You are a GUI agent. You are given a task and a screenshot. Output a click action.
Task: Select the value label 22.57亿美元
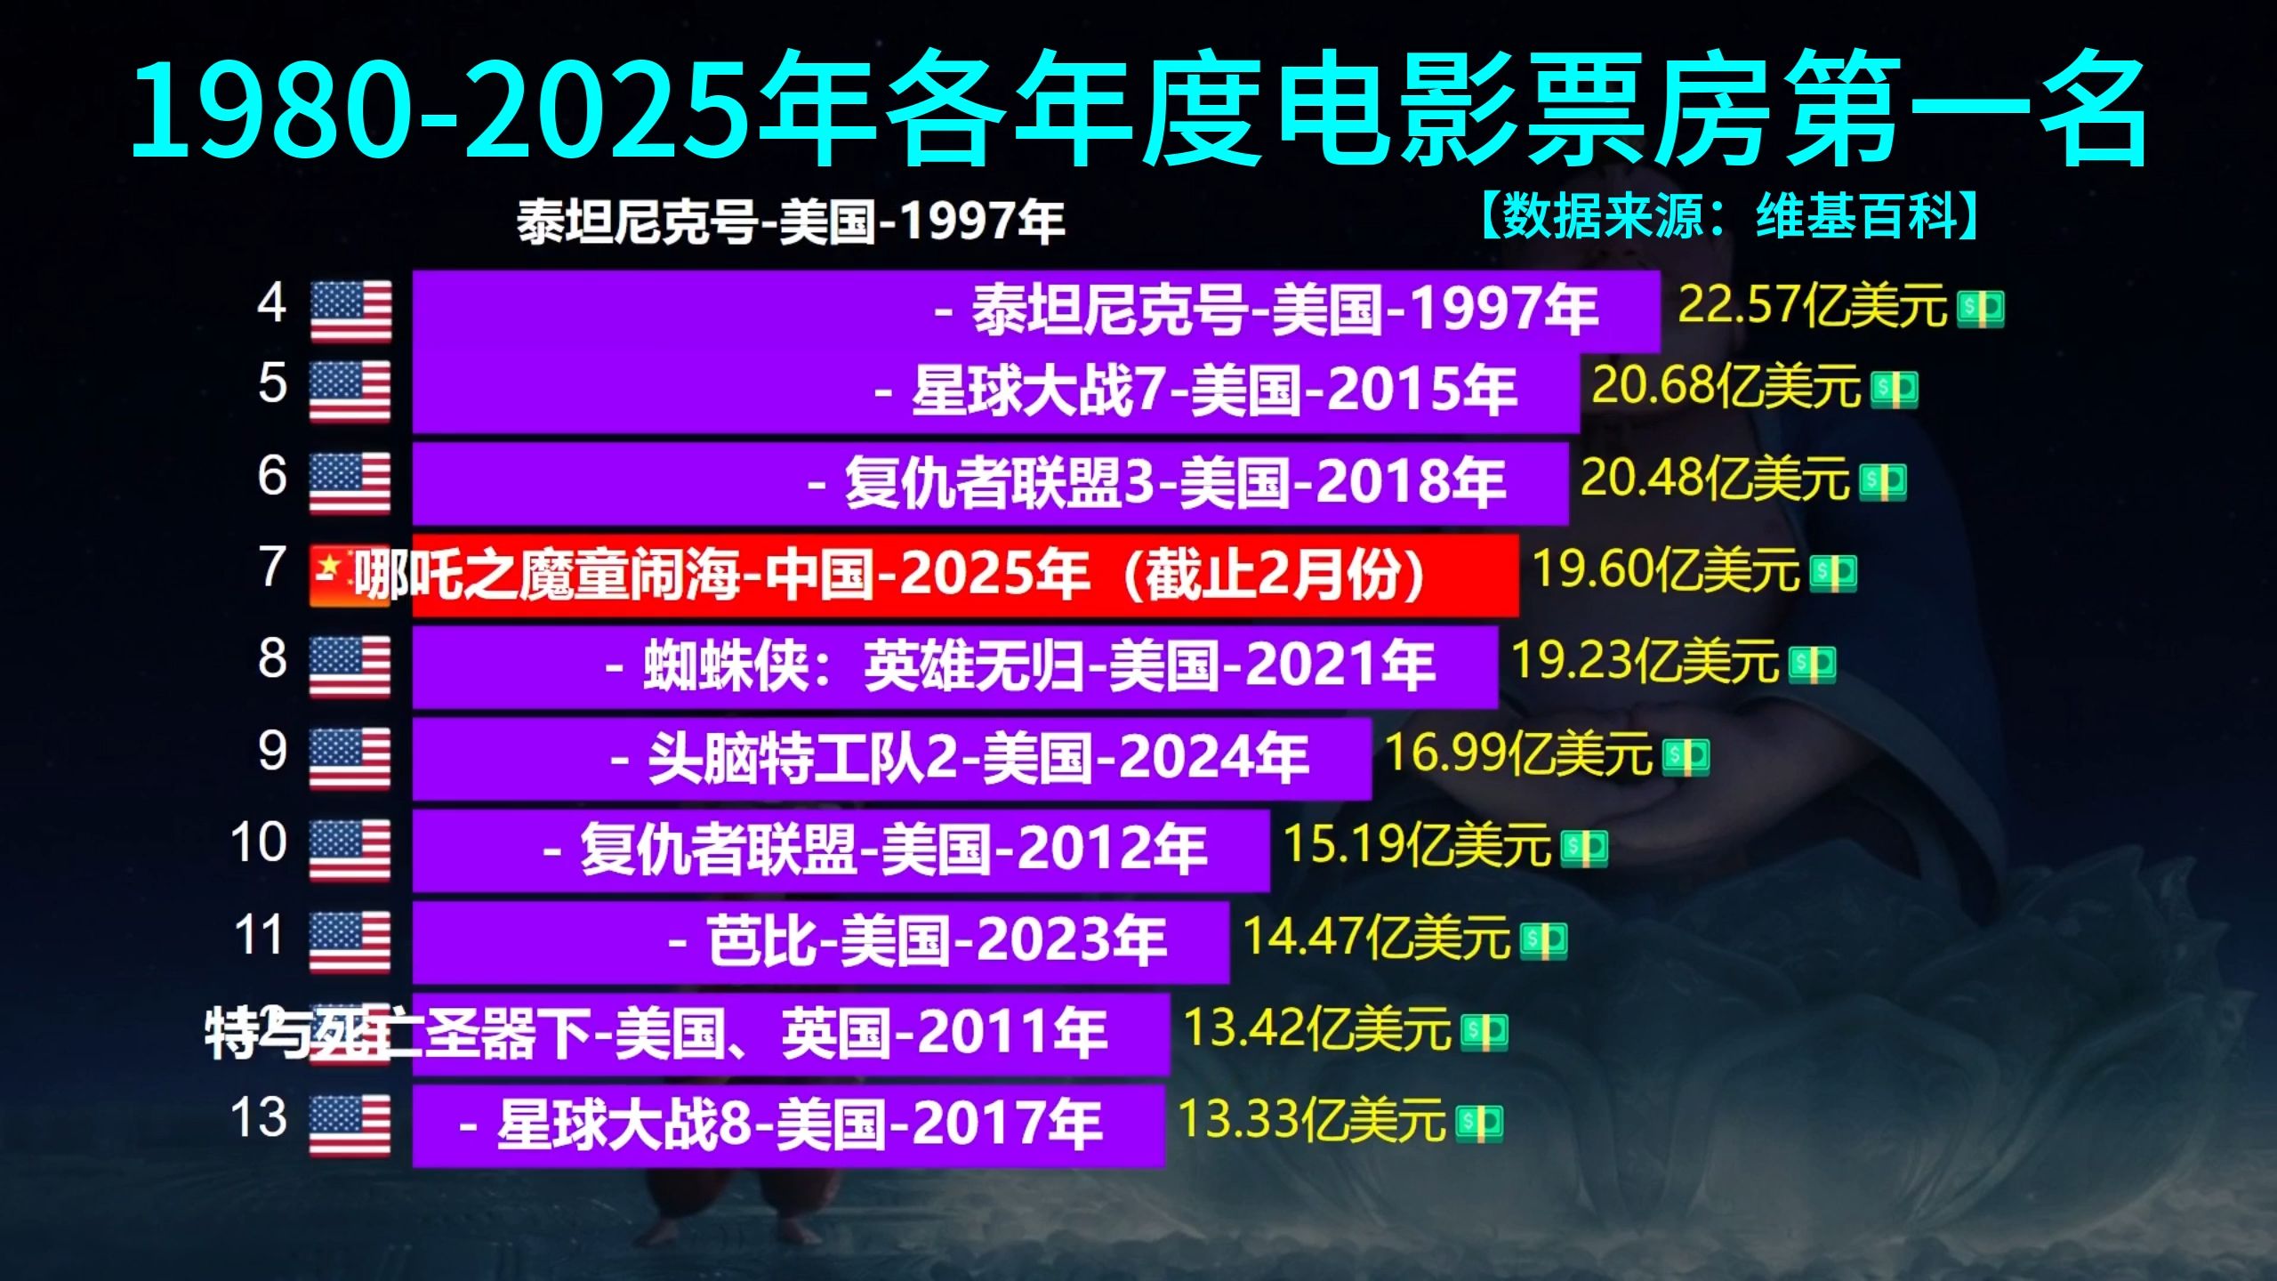pos(1812,306)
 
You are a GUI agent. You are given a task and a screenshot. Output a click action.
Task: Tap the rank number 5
pos(272,384)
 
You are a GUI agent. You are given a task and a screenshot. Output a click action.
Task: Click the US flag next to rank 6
pos(350,482)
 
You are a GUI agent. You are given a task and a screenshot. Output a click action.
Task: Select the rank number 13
pos(259,1117)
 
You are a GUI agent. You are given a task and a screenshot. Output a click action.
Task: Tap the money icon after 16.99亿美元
pos(1686,756)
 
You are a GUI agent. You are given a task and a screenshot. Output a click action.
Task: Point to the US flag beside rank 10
pos(350,850)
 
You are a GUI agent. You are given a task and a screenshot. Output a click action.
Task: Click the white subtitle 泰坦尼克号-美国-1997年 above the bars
pos(791,222)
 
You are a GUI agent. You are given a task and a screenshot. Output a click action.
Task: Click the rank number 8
pos(272,659)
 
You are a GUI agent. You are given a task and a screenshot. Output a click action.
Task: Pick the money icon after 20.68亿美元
pos(1894,389)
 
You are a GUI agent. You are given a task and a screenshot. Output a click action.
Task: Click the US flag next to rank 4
pos(350,310)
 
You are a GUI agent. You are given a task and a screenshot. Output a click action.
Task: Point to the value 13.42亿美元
pos(1316,1028)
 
